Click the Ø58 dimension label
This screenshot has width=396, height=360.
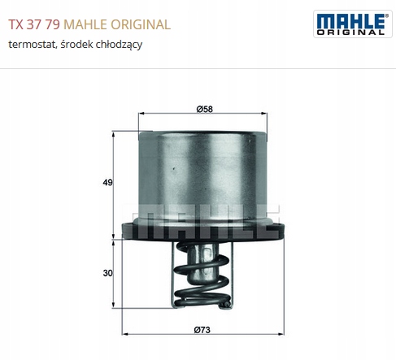point(205,109)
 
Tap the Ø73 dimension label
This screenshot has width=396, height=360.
point(202,330)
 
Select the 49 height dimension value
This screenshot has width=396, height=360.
point(107,183)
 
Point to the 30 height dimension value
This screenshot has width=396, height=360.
point(107,273)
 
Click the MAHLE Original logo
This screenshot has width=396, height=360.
point(353,24)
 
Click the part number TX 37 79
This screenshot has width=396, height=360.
point(34,24)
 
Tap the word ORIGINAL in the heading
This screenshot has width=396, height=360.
point(141,24)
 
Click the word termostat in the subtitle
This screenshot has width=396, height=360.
point(32,44)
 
